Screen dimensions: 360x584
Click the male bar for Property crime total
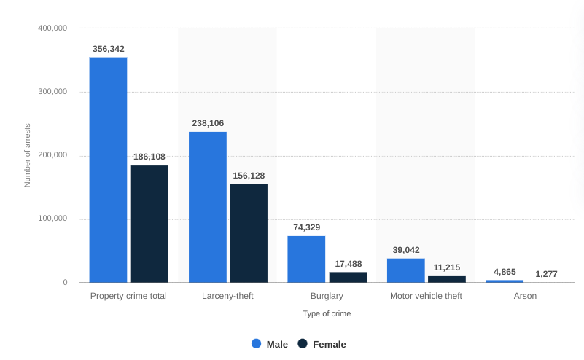click(x=108, y=170)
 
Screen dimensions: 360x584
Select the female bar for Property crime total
click(x=149, y=224)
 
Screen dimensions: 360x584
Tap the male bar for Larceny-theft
click(x=208, y=207)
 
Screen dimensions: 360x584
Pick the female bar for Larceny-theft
click(x=249, y=233)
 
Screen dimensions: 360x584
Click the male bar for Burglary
click(x=306, y=259)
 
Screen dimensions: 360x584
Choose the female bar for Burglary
click(x=348, y=277)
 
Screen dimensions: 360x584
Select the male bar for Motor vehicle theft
click(x=406, y=270)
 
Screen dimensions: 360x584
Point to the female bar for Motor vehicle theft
click(x=447, y=279)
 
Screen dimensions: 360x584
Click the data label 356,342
click(x=108, y=49)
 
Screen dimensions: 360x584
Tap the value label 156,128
click(x=249, y=176)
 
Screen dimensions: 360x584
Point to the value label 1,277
click(x=546, y=274)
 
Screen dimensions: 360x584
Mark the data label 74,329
click(x=307, y=227)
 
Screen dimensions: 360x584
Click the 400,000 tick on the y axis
click(x=52, y=28)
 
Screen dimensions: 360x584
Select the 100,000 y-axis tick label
click(x=52, y=219)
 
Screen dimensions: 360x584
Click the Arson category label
click(x=525, y=296)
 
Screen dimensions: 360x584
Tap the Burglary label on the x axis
click(x=327, y=296)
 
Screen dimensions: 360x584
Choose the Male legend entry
click(x=270, y=344)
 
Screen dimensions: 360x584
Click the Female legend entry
click(x=322, y=344)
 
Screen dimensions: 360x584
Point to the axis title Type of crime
click(x=327, y=313)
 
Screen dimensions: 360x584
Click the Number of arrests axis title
click(x=28, y=155)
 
